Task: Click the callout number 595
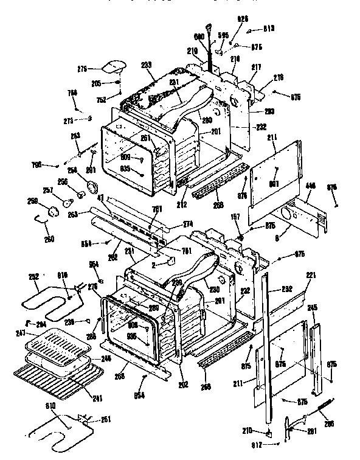(224, 36)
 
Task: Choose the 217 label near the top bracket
(256, 67)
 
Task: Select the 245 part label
(313, 308)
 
